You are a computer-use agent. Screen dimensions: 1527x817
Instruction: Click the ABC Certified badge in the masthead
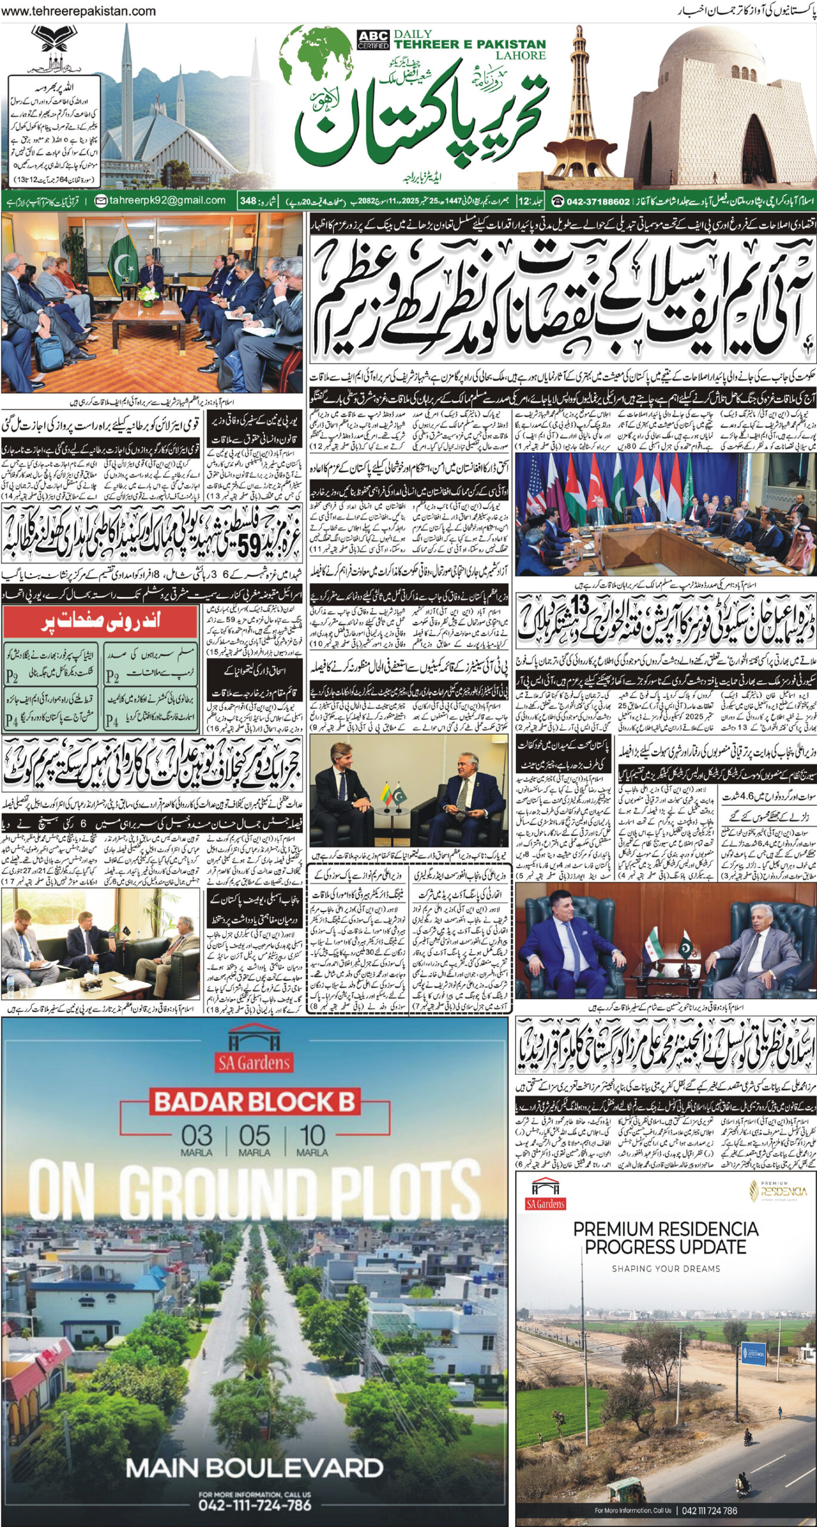(373, 39)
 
